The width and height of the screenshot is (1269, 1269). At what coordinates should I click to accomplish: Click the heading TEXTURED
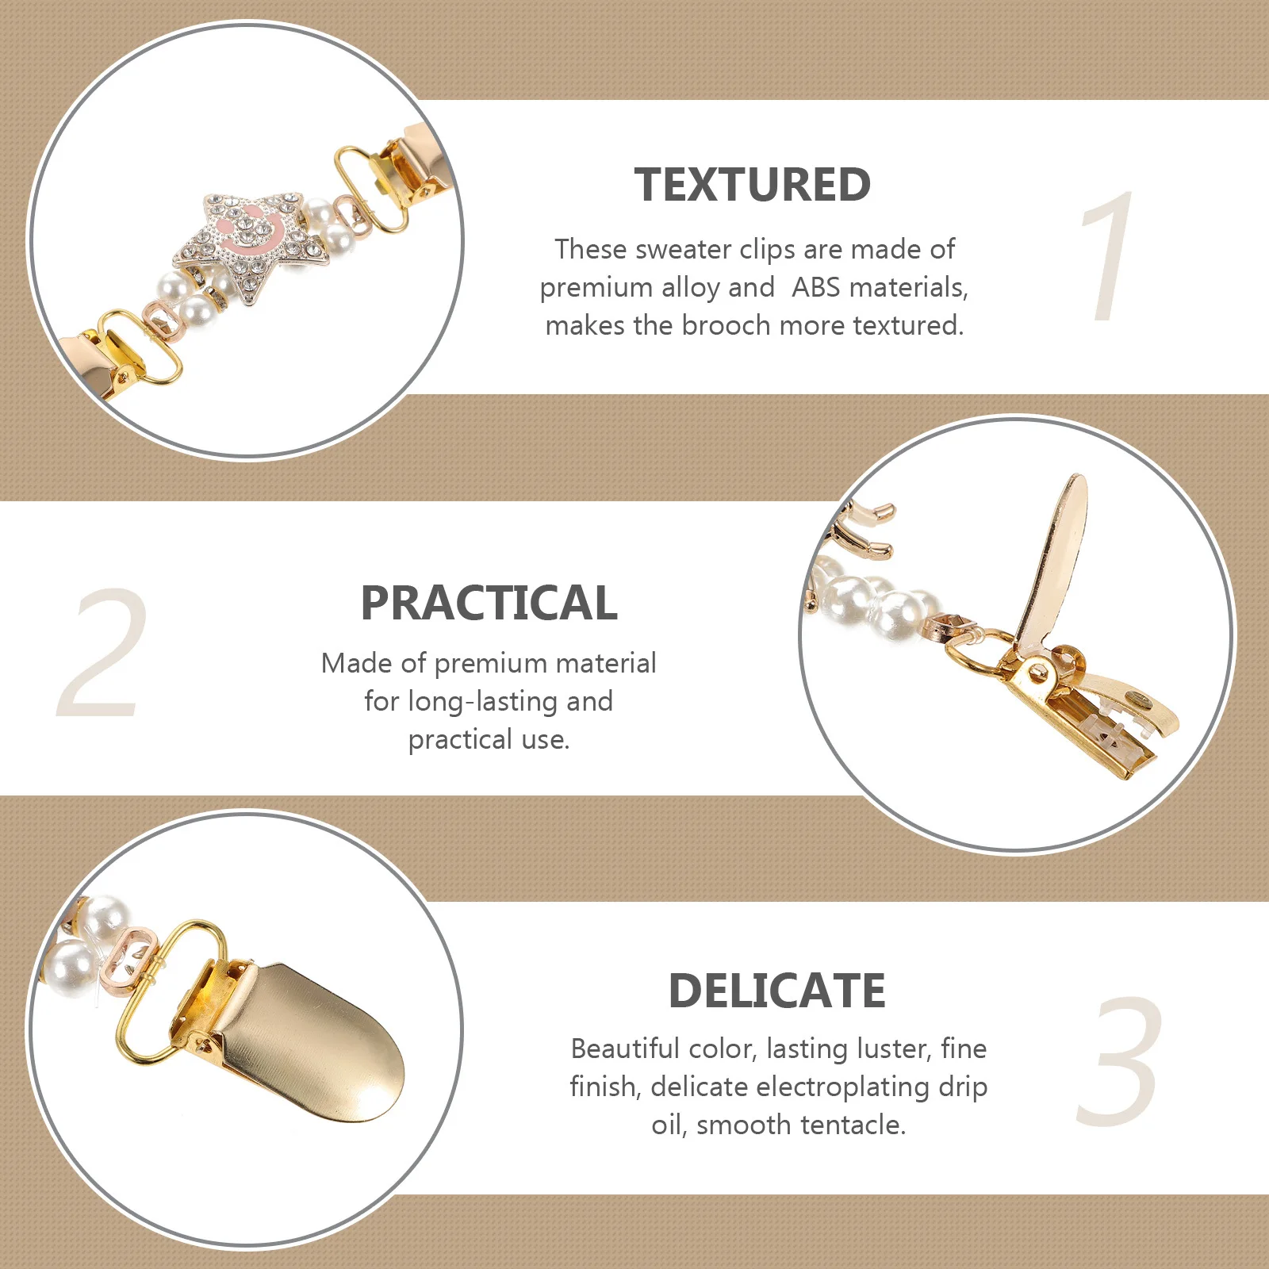752,185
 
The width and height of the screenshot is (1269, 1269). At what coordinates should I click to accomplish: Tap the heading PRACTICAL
489,603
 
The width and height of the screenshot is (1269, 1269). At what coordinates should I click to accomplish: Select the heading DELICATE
776,991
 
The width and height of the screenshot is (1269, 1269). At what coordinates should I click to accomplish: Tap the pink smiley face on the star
254,230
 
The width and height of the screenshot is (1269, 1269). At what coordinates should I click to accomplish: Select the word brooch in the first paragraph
725,325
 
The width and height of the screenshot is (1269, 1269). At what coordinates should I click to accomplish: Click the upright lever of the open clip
1055,555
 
